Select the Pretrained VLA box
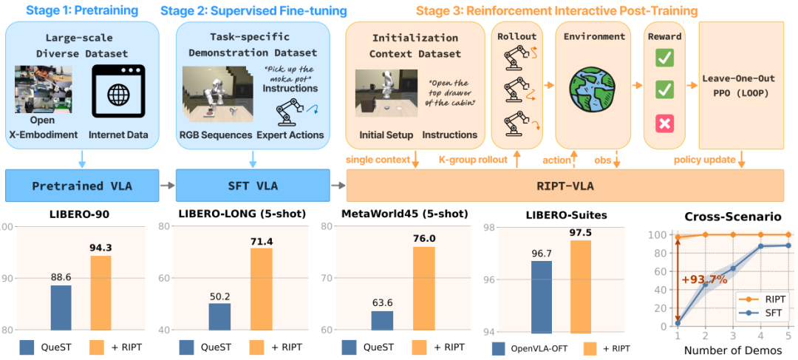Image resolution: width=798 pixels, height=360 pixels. tap(82, 186)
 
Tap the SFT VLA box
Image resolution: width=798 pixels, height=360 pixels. tap(253, 186)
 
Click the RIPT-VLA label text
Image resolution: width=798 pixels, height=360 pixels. tap(565, 186)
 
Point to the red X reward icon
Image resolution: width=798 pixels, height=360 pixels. tap(665, 123)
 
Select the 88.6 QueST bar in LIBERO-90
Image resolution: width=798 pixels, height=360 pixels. tap(61, 308)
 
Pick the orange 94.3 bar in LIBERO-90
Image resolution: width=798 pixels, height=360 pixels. tap(101, 294)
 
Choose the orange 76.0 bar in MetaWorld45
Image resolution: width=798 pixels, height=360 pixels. tap(423, 288)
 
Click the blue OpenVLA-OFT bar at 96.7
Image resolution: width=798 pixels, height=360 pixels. tap(542, 296)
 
